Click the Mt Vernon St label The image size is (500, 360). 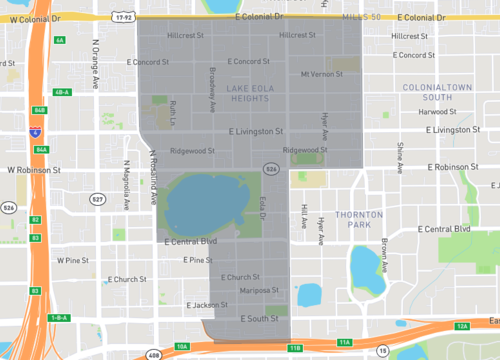[321, 74]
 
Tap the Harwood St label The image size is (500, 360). [437, 112]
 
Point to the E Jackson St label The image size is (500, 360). [207, 305]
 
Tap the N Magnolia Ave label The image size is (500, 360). [127, 185]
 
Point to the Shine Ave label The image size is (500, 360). [399, 158]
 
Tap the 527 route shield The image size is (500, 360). [97, 199]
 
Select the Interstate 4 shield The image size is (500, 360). [36, 130]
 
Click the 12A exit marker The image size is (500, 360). [462, 327]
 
